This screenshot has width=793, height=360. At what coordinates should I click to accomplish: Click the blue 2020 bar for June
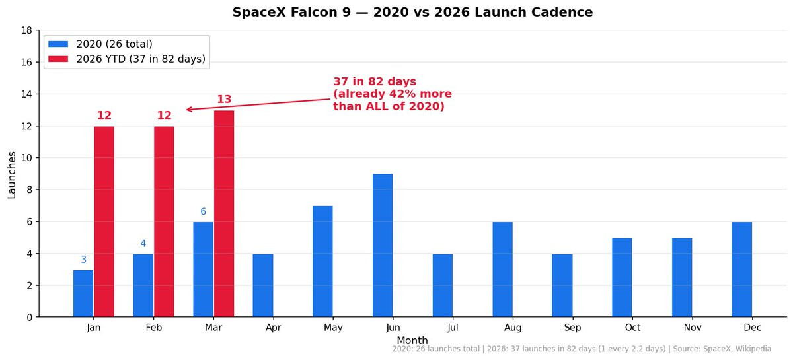click(x=383, y=245)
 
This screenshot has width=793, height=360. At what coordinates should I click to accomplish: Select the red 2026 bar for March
click(x=224, y=213)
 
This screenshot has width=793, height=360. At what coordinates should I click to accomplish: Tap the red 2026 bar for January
click(x=104, y=221)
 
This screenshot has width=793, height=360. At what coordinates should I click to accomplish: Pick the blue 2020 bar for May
click(x=322, y=261)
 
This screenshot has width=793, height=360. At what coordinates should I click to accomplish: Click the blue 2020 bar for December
click(x=742, y=269)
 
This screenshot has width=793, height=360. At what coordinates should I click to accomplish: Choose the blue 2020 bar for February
click(x=143, y=285)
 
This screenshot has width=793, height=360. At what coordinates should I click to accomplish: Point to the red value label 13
click(x=224, y=100)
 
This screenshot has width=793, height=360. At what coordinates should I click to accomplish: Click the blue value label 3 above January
click(x=84, y=260)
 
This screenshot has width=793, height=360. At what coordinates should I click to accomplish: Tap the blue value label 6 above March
click(x=203, y=212)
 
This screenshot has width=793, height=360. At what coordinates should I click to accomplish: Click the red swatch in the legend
click(x=58, y=59)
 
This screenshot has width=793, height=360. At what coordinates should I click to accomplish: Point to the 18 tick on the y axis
click(x=27, y=30)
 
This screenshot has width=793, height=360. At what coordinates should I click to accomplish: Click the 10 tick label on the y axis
click(x=27, y=158)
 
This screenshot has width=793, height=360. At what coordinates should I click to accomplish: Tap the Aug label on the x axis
click(x=512, y=327)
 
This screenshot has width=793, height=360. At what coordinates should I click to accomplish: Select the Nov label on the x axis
click(x=692, y=327)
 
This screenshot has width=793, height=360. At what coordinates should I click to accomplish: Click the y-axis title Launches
click(x=12, y=174)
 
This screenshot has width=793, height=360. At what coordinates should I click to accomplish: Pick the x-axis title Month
click(x=412, y=341)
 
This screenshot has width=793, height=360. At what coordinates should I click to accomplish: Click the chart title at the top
click(x=412, y=12)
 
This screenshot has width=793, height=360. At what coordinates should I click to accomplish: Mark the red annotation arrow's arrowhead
click(x=188, y=110)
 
